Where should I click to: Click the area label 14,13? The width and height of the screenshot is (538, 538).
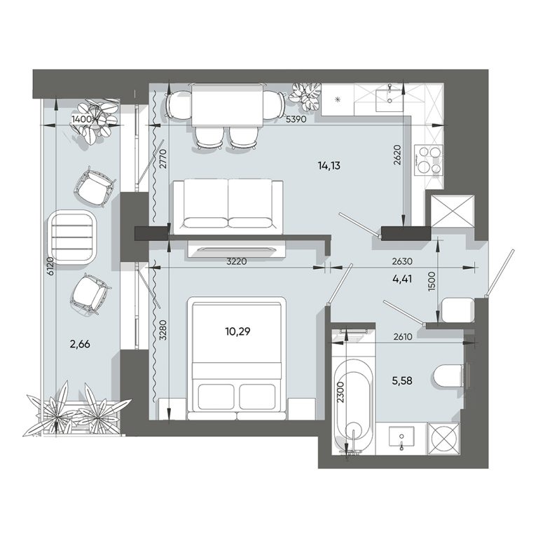coord(329,166)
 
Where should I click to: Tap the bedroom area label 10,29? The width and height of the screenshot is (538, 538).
coord(237,331)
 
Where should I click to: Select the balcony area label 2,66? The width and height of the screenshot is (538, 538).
coord(80,344)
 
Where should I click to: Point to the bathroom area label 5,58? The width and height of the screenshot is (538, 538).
coord(402,380)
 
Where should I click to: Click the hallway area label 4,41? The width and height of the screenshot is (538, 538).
coord(402,279)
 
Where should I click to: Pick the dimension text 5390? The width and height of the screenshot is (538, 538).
coord(296,119)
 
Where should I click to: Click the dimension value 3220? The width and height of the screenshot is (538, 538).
coord(236,261)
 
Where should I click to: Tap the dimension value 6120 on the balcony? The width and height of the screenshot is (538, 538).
coord(50,266)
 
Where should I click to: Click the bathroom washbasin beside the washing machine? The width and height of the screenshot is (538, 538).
coord(401,437)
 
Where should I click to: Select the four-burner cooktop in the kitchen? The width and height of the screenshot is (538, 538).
coord(429,160)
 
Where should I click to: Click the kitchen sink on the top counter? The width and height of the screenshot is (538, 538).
coord(389,101)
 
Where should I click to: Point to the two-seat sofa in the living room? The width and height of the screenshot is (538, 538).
coord(228,207)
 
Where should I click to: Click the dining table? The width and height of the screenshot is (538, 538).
coord(227,106)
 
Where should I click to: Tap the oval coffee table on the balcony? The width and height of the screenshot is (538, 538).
coord(73,237)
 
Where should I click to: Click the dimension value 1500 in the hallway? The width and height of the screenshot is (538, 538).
coord(432,282)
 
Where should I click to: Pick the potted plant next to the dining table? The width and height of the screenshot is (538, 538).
coord(305,96)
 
